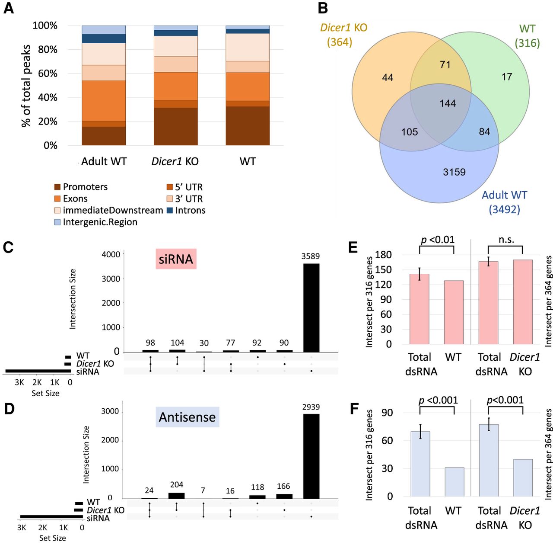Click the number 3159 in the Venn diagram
(x=454, y=172)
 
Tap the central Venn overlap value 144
(x=448, y=103)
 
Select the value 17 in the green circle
(x=507, y=77)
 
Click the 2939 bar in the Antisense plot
(x=311, y=456)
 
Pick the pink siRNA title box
(x=176, y=259)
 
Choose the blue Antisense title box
(x=187, y=417)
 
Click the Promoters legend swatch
(x=57, y=187)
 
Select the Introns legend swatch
(x=170, y=211)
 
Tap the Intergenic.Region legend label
(x=100, y=222)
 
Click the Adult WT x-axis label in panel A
(x=104, y=162)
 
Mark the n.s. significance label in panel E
(x=506, y=240)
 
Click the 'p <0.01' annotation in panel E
(x=437, y=240)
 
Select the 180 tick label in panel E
(x=383, y=255)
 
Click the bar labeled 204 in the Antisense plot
(x=176, y=495)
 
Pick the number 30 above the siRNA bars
(x=204, y=343)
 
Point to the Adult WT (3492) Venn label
(x=504, y=202)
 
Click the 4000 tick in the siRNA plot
(x=111, y=254)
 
